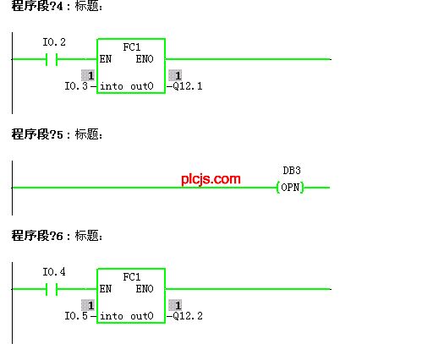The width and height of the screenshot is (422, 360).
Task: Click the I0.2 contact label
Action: pos(54,42)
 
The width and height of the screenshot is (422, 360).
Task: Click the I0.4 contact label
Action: pos(54,272)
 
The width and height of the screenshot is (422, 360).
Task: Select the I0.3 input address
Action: pos(76,86)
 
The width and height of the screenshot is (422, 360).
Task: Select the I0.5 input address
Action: pos(76,316)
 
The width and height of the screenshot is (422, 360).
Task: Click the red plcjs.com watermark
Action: pos(211,179)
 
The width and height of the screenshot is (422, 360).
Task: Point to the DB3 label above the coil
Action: pos(292,171)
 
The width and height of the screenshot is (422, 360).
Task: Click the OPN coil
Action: pos(290,188)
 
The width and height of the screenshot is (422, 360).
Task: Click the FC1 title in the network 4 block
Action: pos(132,47)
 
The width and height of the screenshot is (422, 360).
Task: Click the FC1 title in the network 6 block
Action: pos(132,277)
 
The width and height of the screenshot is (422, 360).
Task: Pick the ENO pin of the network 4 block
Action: pos(145,59)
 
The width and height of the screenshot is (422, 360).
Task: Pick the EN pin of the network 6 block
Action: pos(106,289)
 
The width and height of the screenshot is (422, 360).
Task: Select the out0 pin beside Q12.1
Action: pos(142,86)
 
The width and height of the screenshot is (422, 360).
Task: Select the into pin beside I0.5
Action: pos(112,316)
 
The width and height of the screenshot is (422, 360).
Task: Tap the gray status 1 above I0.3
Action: pos(88,75)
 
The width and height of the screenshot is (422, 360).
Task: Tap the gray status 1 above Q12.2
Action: pos(175,305)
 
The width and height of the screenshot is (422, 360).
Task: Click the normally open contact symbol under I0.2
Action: pos(52,59)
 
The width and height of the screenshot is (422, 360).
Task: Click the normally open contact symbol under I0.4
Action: pos(52,289)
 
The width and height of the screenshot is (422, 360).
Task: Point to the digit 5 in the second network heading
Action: pos(60,135)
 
